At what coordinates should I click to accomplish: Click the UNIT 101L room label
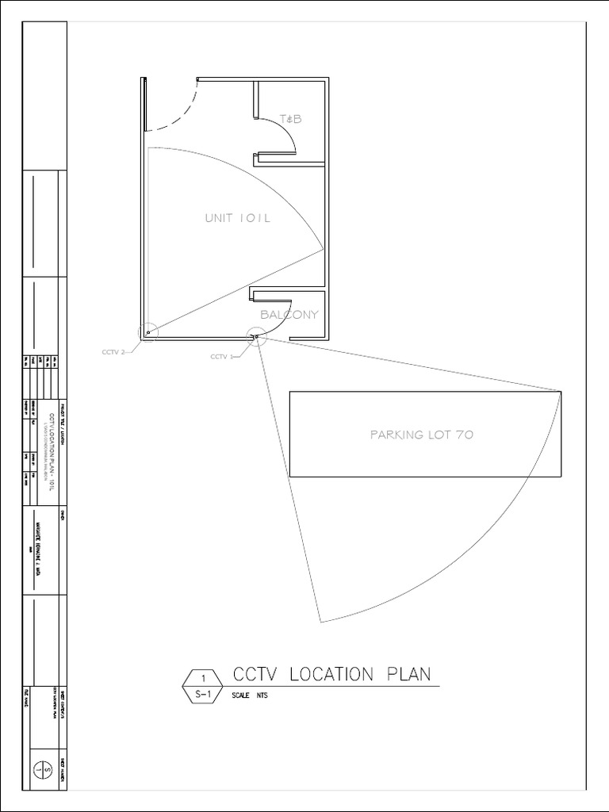[x=237, y=218]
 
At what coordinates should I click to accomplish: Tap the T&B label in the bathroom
[x=291, y=120]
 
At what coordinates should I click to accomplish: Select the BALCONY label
[x=289, y=314]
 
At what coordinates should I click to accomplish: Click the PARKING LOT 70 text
[x=422, y=435]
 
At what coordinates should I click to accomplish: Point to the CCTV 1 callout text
[x=221, y=357]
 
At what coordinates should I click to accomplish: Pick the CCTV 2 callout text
[x=113, y=352]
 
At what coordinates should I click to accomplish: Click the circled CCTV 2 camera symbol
[x=148, y=332]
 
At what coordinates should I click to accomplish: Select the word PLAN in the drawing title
[x=408, y=675]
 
